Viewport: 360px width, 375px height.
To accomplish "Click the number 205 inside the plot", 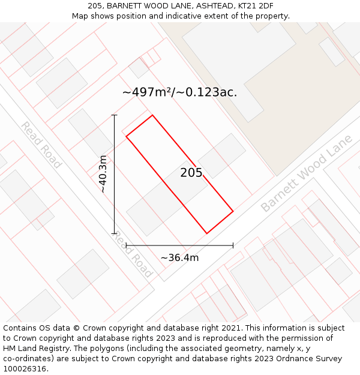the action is tap(191, 173).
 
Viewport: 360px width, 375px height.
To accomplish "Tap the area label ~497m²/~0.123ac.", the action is tap(179, 92).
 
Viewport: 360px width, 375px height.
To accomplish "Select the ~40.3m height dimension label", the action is tap(103, 173).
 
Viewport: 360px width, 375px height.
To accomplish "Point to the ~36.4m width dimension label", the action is tap(179, 257).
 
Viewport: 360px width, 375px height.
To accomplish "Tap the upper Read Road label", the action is tap(41, 145).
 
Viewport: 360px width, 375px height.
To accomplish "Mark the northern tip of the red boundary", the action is tap(152, 115).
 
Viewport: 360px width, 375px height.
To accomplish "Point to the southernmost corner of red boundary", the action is tap(207, 233).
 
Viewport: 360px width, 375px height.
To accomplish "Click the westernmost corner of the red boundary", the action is tap(126, 136).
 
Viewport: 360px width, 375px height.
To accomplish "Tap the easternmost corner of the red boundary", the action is tap(233, 211).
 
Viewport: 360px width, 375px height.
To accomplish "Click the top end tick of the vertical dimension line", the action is tap(114, 115).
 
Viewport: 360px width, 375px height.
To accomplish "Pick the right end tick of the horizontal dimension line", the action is tap(233, 245).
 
